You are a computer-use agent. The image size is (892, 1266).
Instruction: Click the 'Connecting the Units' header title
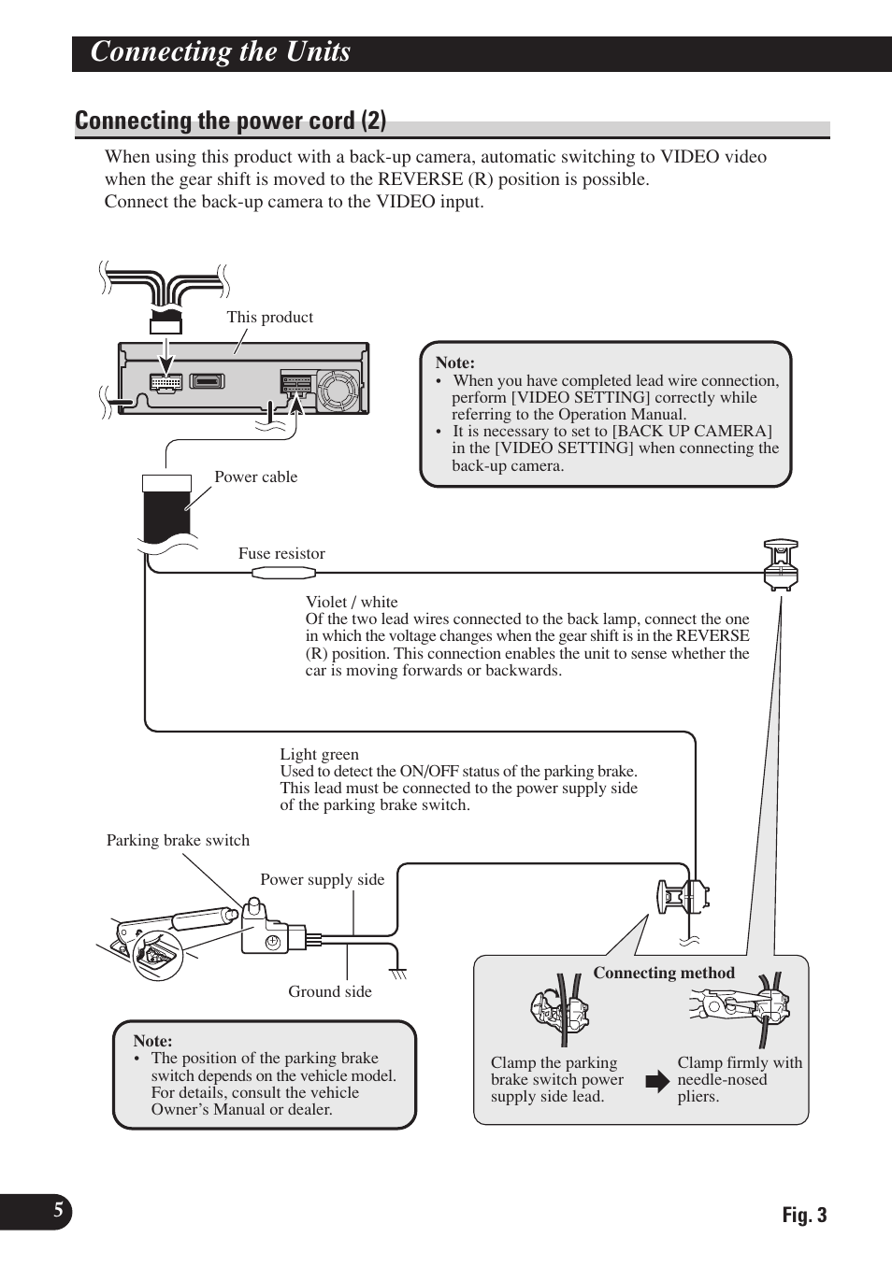[x=221, y=52]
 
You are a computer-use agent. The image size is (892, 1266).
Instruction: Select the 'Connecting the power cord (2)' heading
[x=230, y=121]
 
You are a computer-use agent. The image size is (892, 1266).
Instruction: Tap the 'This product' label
[x=269, y=318]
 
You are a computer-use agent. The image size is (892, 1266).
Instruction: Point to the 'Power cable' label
[x=255, y=477]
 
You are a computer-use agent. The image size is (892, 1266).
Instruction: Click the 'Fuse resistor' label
[x=281, y=553]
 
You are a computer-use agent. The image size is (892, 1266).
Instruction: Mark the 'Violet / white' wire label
[x=352, y=603]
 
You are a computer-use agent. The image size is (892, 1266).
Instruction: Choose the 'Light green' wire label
[x=319, y=755]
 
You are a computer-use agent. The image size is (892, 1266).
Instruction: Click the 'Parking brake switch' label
[x=178, y=840]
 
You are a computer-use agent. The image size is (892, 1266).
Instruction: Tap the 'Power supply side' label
[x=322, y=879]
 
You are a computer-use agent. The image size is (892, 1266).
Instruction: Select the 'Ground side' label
[x=329, y=991]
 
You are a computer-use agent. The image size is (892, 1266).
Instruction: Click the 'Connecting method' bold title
[x=664, y=973]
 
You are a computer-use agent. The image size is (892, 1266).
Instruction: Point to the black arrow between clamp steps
[x=658, y=1082]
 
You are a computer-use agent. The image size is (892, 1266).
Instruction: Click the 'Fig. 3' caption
[x=804, y=1215]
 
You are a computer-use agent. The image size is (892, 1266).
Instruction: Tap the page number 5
[x=58, y=1211]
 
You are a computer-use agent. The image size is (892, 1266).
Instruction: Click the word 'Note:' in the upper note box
[x=455, y=363]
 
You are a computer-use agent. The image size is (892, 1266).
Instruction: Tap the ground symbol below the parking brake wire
[x=399, y=974]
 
